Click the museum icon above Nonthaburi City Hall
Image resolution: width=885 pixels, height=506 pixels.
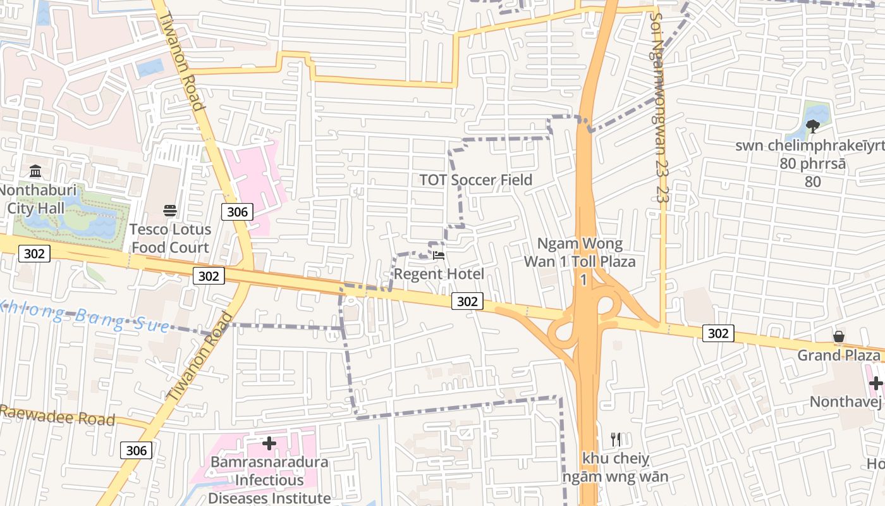[35, 171]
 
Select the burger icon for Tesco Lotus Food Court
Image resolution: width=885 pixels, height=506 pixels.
[169, 210]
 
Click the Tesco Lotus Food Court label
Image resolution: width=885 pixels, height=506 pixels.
[169, 238]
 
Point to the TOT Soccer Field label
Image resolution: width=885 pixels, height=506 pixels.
[476, 180]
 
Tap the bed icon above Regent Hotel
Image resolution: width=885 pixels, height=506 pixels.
[439, 256]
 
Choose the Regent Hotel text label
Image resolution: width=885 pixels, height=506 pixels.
[439, 274]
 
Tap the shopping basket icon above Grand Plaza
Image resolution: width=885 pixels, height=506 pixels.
[839, 336]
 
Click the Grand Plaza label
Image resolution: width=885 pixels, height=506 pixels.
[838, 355]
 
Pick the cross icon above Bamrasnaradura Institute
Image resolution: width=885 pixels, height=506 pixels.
[269, 443]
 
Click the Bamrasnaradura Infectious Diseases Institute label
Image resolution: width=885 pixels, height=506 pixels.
[269, 480]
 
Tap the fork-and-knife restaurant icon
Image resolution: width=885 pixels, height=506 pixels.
[616, 439]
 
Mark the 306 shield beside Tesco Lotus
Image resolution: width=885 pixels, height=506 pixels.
[238, 212]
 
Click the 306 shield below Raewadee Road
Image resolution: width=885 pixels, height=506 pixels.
[136, 450]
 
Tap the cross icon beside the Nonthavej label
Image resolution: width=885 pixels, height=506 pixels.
[876, 383]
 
